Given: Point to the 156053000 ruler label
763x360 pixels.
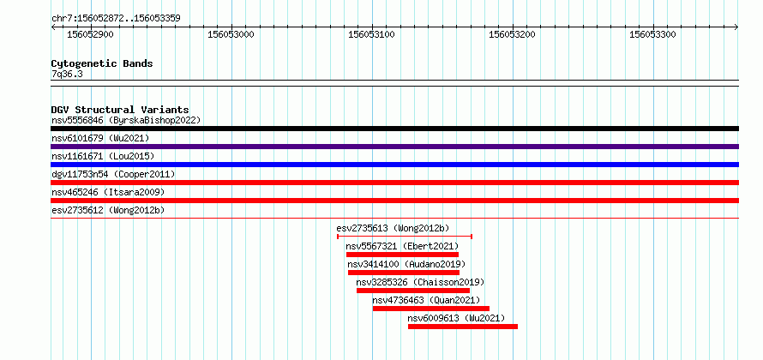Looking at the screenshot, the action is coord(231,34).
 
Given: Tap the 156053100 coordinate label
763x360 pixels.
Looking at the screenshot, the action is coord(372,34).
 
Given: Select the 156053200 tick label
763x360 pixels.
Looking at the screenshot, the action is coord(512,34).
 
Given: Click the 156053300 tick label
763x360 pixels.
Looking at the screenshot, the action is coord(652,34).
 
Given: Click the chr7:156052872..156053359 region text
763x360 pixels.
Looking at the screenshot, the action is coord(116,19).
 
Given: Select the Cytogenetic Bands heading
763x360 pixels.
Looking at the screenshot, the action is coord(102,63).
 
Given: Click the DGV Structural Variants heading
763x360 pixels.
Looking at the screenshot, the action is coord(120,110).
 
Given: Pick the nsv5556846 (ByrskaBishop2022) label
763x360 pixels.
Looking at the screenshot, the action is coord(126,120).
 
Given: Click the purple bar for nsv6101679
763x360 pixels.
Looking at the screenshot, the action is coord(394,147).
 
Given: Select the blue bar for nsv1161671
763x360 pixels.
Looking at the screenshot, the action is coord(394,165).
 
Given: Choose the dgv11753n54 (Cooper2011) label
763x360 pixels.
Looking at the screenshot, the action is coord(113,174).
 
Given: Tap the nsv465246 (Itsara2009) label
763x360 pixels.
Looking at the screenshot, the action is coord(108,192).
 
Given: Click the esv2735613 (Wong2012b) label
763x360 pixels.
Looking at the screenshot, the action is coord(393,228).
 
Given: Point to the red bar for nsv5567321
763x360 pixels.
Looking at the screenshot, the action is coord(402,255).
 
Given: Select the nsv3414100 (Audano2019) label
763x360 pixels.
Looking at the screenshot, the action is coord(406,264).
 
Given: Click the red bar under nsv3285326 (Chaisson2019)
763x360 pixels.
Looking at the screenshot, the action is coord(413,291).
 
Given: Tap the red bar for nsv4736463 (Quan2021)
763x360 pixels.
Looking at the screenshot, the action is coord(431,309).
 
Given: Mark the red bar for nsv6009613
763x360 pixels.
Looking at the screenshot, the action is coord(463,327).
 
